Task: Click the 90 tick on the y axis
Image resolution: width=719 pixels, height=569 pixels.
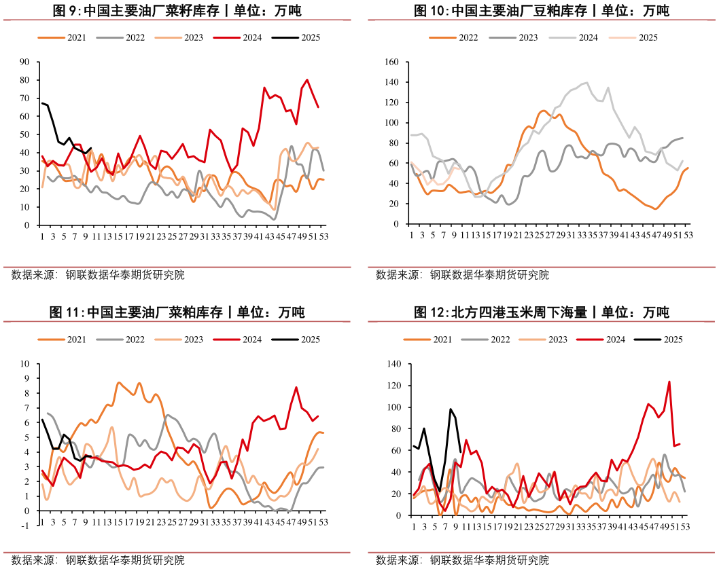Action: [24, 62]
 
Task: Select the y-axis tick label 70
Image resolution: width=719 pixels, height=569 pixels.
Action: [24, 98]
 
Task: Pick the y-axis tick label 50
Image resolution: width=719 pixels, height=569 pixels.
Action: [24, 134]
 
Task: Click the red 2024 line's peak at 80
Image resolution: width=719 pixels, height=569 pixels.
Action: [307, 80]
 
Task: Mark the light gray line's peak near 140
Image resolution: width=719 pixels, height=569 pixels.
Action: [586, 83]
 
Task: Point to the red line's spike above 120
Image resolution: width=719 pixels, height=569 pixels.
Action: [669, 382]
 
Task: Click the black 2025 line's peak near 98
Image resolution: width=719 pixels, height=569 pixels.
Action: [450, 409]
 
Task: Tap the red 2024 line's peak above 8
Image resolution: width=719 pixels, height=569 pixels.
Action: [296, 387]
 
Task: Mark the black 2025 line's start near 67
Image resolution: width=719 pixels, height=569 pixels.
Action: [42, 103]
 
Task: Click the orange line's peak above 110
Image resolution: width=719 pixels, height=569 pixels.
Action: [542, 110]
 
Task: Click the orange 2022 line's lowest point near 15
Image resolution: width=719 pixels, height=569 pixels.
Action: [655, 208]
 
